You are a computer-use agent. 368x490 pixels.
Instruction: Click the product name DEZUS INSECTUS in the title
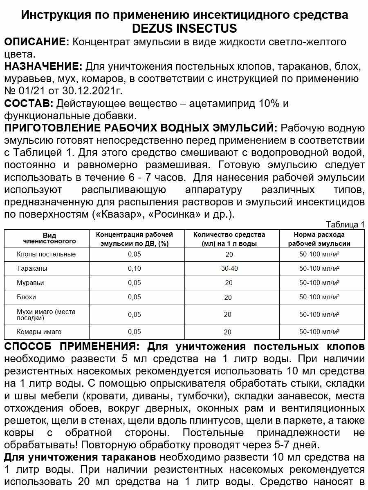tap(184, 29)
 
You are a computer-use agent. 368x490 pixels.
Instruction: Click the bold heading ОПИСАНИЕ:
tap(36, 42)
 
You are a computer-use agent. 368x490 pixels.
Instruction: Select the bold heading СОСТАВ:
tap(29, 103)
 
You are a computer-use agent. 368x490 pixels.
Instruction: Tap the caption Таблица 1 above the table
tap(345, 225)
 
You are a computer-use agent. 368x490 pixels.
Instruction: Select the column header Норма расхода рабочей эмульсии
tap(319, 239)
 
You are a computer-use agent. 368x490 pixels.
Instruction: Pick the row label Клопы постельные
tap(46, 254)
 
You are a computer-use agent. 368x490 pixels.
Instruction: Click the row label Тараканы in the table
tap(32, 268)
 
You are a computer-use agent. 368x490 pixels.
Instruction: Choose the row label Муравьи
tap(30, 283)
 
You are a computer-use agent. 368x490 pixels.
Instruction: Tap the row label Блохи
tap(26, 297)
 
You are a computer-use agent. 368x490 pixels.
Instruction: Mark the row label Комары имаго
tap(39, 332)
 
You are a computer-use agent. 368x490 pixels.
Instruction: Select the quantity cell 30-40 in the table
tap(229, 268)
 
